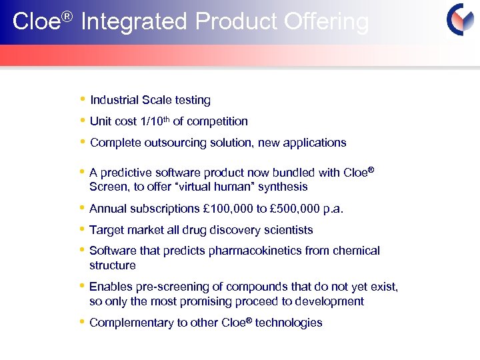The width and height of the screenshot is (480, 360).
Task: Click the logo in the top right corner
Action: (461, 20)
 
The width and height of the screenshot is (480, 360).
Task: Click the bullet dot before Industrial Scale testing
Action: (82, 100)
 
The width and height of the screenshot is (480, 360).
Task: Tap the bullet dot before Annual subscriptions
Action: (82, 208)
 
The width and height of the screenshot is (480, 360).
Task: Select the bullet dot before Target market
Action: (82, 229)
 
